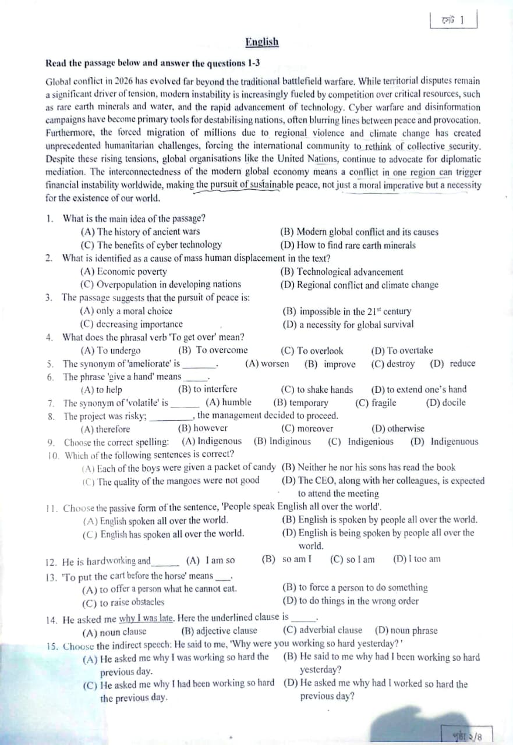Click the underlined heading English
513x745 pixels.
pos(262,42)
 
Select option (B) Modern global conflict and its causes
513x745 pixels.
pos(359,232)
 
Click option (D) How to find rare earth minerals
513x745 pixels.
pos(348,245)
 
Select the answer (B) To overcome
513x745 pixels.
pos(213,350)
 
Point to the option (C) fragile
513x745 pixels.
pos(376,402)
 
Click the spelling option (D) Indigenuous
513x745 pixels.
pos(444,441)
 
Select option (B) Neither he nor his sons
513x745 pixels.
pos(368,467)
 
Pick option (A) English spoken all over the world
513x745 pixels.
pos(155,520)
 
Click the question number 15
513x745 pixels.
pos(52,645)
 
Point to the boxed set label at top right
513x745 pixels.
pos(454,20)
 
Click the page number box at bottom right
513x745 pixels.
pos(466,735)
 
